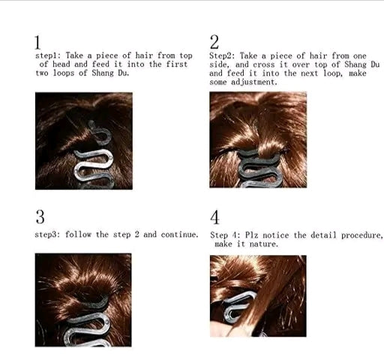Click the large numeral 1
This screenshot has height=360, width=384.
[37, 43]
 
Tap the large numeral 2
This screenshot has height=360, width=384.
[214, 42]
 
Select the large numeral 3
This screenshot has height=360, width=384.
[40, 217]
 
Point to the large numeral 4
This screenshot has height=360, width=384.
[214, 217]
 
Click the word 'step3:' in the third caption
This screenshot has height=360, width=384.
[47, 235]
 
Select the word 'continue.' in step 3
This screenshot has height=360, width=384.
[180, 235]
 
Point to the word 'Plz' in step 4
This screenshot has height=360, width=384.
[251, 235]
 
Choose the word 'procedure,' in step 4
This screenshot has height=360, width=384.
[361, 235]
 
